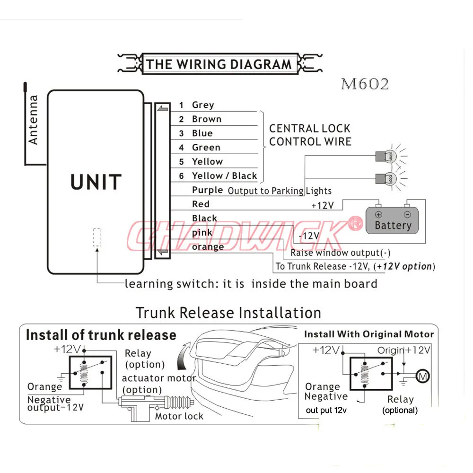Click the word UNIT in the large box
(96, 182)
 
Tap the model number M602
(365, 84)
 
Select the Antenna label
(33, 120)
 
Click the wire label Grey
(203, 105)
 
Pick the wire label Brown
(207, 119)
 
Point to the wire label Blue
(202, 133)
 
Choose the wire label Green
(206, 148)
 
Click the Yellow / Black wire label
(224, 175)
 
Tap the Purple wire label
(208, 190)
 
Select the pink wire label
(202, 233)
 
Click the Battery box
(392, 220)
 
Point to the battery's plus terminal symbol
(378, 214)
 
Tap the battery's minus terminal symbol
(407, 214)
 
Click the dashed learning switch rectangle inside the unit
(97, 237)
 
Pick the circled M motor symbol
(422, 376)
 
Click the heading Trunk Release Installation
(228, 313)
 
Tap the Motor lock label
(179, 416)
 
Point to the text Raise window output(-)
(340, 253)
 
